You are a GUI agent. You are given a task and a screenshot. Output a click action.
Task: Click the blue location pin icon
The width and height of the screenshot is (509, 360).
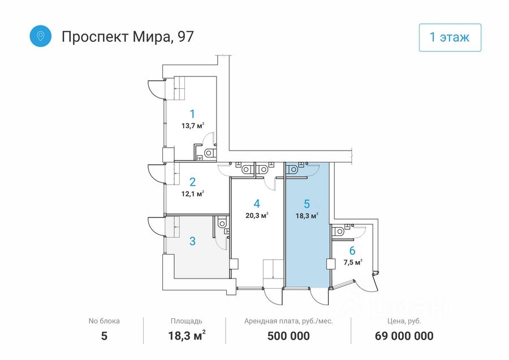pos(41,36)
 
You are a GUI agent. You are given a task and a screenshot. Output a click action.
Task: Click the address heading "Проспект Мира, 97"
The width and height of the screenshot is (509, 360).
pos(127,37)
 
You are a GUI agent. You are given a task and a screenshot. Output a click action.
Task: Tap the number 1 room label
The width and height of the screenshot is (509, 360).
pos(192,113)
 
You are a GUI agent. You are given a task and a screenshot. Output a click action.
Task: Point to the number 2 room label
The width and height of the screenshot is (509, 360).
pos(192,182)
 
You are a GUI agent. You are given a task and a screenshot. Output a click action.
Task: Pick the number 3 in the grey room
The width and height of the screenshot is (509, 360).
pos(192,241)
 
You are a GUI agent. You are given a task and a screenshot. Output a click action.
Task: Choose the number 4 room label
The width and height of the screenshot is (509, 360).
pos(257,203)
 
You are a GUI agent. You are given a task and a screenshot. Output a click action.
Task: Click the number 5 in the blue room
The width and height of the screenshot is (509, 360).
pos(307,203)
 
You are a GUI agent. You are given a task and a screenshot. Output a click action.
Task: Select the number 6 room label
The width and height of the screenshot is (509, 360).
pos(352,251)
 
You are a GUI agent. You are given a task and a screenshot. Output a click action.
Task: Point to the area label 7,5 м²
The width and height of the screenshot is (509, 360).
pos(352,262)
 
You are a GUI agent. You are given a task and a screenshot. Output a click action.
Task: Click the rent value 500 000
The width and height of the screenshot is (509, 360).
pos(288,336)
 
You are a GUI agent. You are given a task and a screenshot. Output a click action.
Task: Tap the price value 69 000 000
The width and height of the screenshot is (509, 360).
pos(404,336)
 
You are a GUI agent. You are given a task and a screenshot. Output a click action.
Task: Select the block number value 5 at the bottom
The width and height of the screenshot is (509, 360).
pos(104,336)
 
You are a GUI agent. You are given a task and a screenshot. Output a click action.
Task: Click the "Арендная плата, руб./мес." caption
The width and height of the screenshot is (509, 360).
pos(288,321)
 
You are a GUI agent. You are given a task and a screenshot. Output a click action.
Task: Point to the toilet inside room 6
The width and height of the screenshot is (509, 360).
pos(339,231)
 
